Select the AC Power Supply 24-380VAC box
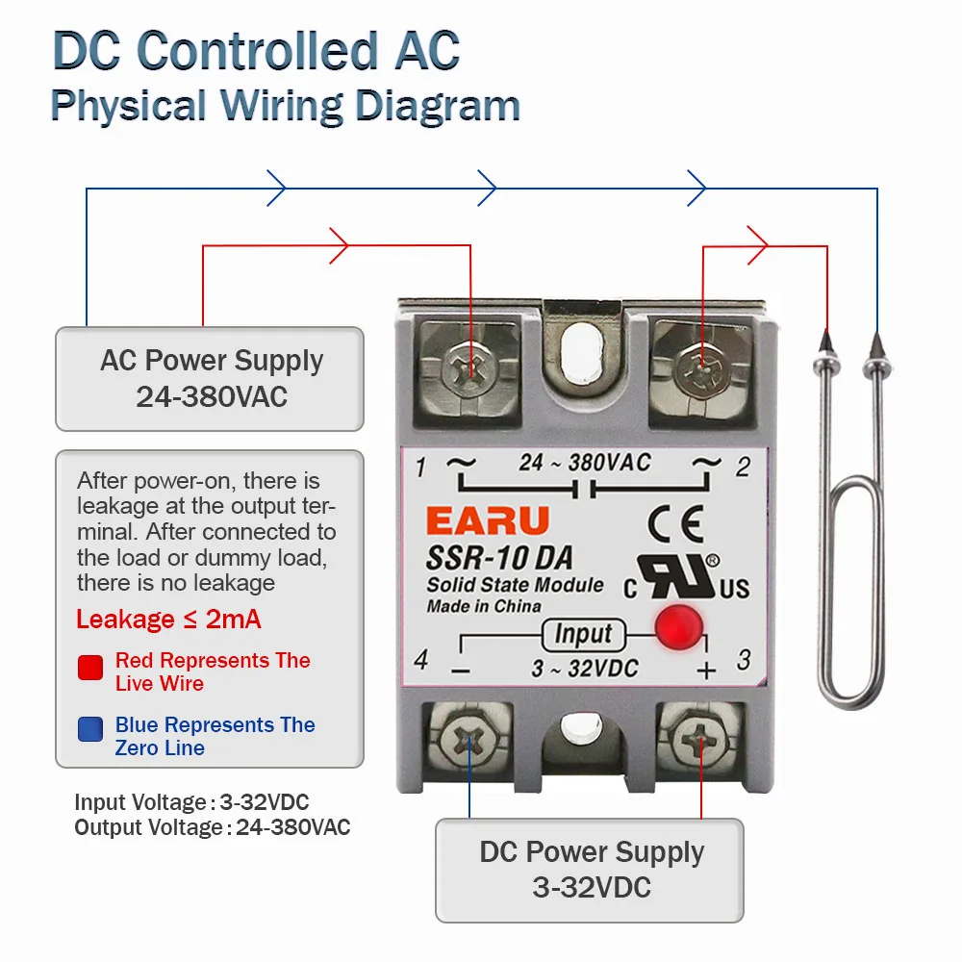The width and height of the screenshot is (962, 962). pyautogui.click(x=210, y=378)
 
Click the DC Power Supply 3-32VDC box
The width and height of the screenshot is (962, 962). pyautogui.click(x=590, y=870)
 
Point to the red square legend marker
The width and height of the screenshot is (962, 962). pyautogui.click(x=90, y=668)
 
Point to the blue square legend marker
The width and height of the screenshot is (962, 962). pyautogui.click(x=90, y=729)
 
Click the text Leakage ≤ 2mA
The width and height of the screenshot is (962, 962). pyautogui.click(x=168, y=619)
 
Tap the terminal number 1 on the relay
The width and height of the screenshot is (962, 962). pyautogui.click(x=420, y=468)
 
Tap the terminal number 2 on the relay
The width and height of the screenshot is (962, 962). pyautogui.click(x=743, y=468)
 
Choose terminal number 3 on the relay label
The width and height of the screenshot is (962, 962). pyautogui.click(x=743, y=660)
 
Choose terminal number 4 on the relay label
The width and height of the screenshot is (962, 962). pyautogui.click(x=420, y=661)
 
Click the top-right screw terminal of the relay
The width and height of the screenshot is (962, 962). pyautogui.click(x=700, y=367)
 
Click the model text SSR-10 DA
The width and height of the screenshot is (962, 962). pyautogui.click(x=499, y=557)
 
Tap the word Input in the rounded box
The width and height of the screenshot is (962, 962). pyautogui.click(x=583, y=634)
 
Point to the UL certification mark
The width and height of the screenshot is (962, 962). pyautogui.click(x=685, y=577)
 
